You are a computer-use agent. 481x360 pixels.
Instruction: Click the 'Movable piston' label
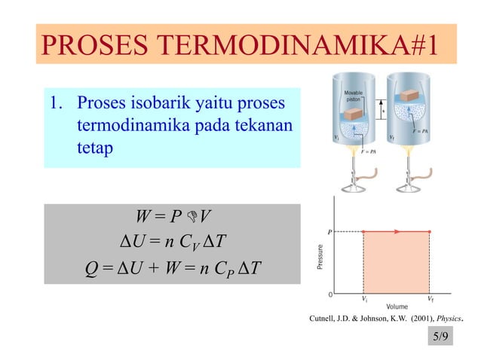(355, 94)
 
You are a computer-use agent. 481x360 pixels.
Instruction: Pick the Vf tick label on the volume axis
(430, 299)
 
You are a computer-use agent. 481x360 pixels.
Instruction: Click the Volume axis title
(397, 308)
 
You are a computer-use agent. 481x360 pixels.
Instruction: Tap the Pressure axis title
(320, 258)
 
